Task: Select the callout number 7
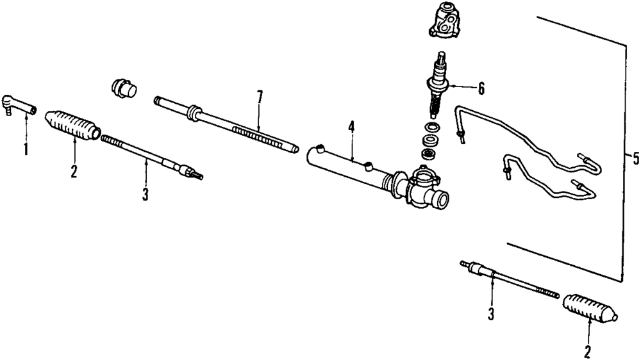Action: coord(259,97)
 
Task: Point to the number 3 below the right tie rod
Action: coord(490,314)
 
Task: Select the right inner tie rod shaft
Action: coord(513,279)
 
